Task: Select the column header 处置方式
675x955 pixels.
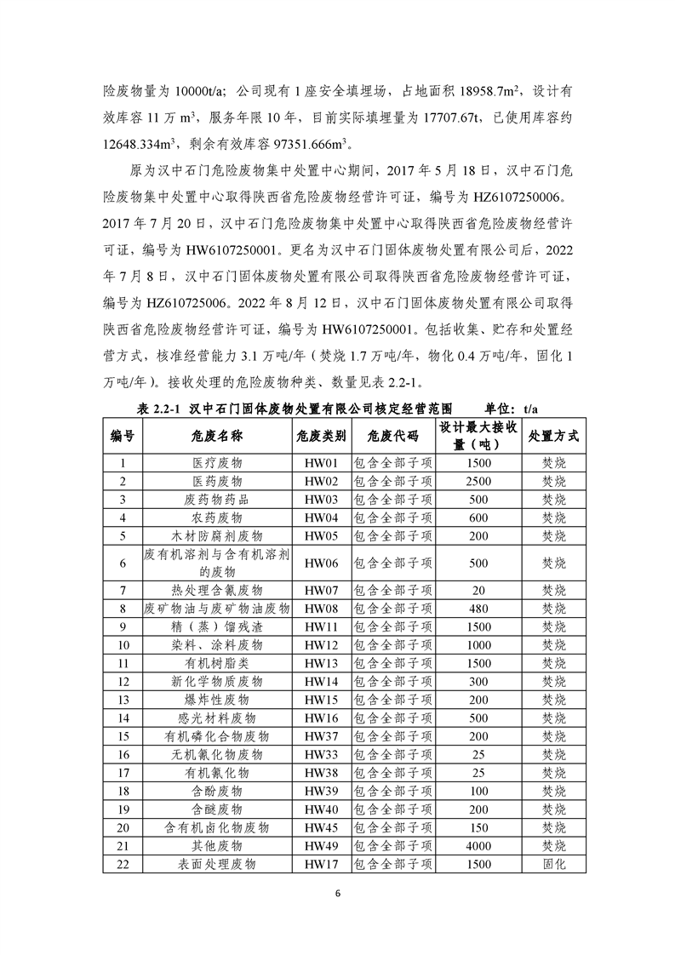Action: tap(553, 435)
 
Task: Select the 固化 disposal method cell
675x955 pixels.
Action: tap(553, 864)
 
